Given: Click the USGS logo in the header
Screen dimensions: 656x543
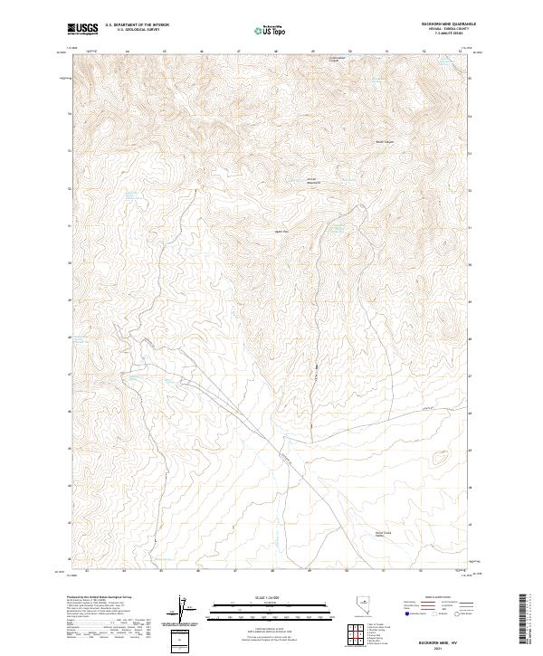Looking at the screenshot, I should coord(83,30).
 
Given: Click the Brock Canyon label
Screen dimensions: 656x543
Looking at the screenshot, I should coord(385,142).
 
